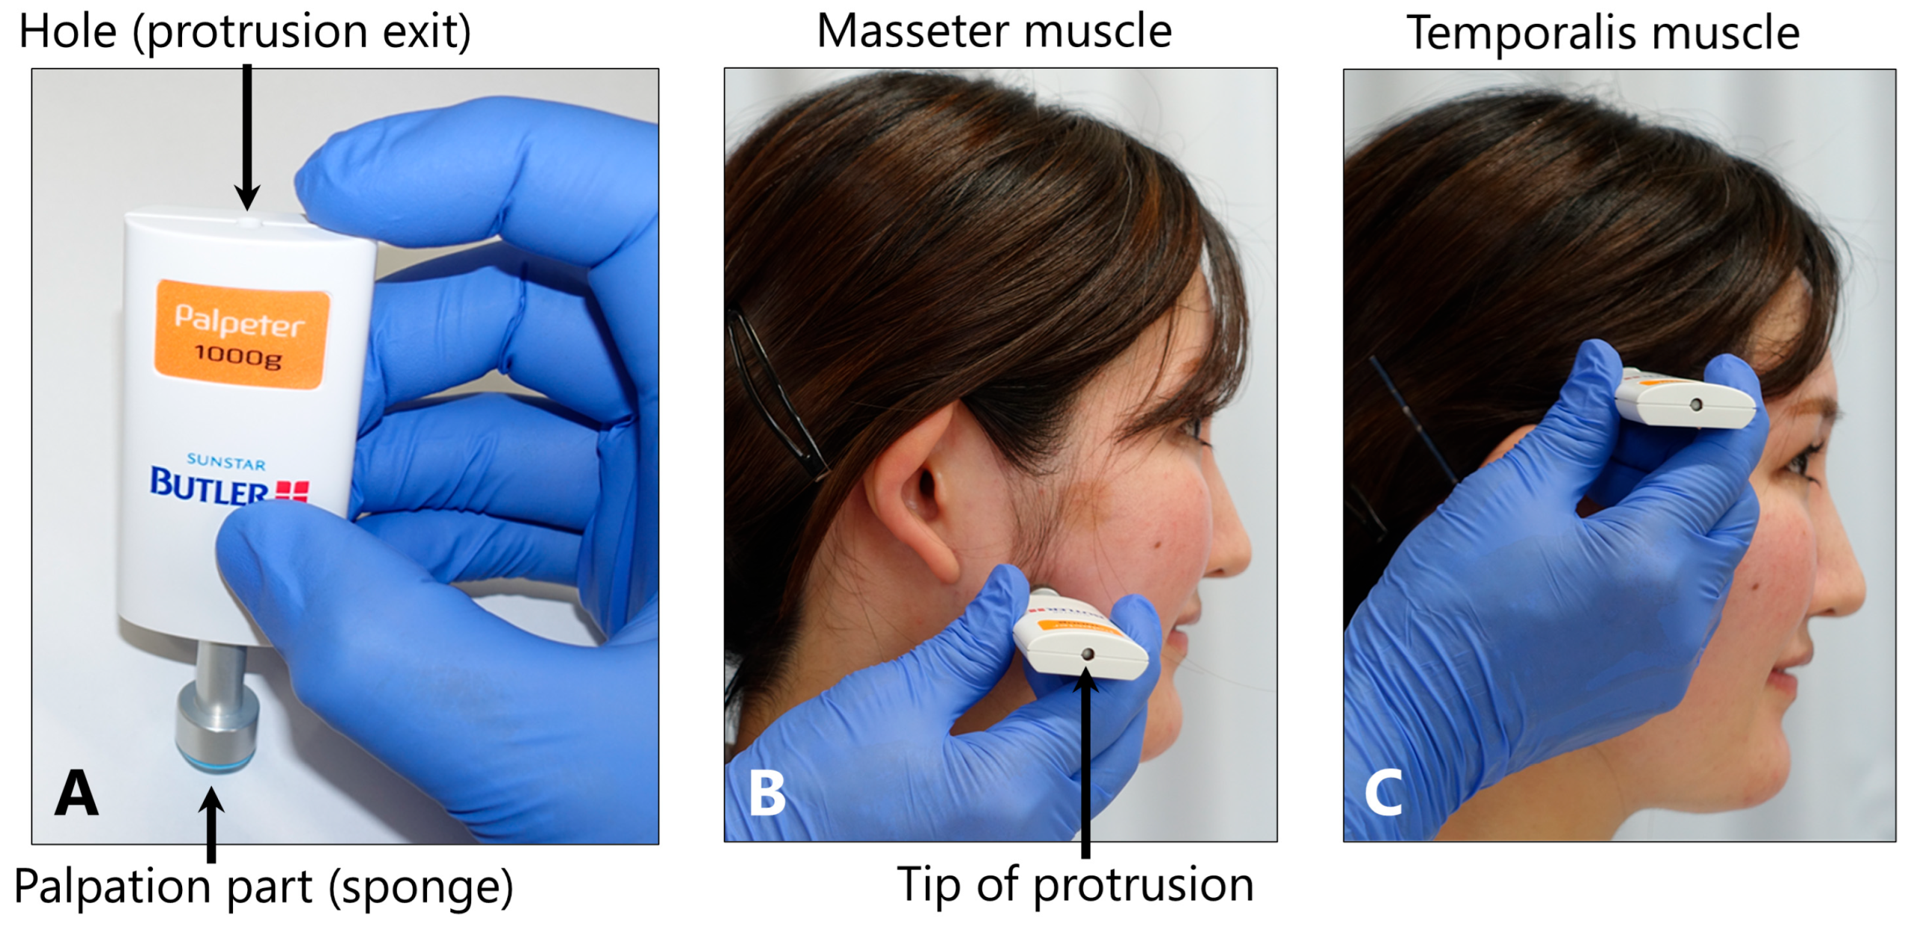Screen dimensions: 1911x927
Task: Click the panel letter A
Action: click(x=76, y=793)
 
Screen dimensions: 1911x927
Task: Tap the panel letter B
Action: click(x=767, y=793)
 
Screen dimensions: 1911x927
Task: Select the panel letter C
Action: click(x=1383, y=793)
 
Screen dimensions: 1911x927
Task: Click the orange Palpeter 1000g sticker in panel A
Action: click(x=241, y=334)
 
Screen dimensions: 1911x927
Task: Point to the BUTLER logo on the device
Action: click(x=228, y=485)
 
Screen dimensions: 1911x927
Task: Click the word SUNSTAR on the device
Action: click(x=225, y=462)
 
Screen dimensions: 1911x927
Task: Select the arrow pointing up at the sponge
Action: click(x=212, y=825)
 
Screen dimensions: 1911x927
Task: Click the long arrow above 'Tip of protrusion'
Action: click(x=1086, y=762)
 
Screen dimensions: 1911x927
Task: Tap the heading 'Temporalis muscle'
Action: click(x=1603, y=34)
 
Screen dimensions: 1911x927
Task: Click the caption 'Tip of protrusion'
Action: click(x=1075, y=886)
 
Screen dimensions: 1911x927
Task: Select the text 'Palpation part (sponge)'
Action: click(x=264, y=887)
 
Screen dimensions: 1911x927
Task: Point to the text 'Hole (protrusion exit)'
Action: click(x=245, y=32)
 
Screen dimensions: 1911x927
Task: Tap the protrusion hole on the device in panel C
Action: click(x=1695, y=405)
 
